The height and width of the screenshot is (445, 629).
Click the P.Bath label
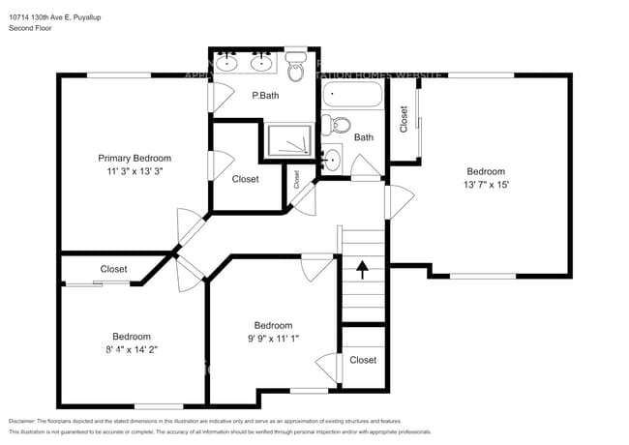tap(266, 96)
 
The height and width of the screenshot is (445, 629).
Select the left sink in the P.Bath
tap(227, 64)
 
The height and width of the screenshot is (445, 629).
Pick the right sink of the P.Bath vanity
tap(261, 64)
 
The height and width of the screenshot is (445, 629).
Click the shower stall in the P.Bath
tap(290, 140)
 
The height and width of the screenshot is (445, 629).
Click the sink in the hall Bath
tap(332, 160)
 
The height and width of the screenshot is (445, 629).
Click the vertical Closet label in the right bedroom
tap(404, 117)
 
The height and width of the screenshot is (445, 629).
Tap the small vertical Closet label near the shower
tap(297, 179)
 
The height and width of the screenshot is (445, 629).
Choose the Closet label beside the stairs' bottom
tap(363, 360)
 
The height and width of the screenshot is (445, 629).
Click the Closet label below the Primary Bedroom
tap(114, 269)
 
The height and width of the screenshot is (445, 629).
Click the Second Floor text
tap(30, 29)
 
